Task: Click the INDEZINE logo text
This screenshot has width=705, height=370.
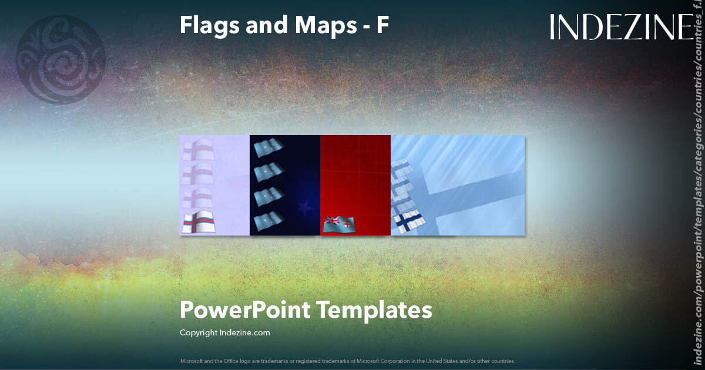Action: [x=622, y=27]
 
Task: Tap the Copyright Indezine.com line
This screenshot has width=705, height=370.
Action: [x=224, y=333]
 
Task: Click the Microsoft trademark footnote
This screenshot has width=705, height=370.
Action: [x=347, y=361]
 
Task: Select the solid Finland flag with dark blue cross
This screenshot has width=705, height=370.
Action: [x=408, y=221]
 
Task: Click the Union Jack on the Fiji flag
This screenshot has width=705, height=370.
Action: [x=332, y=221]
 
